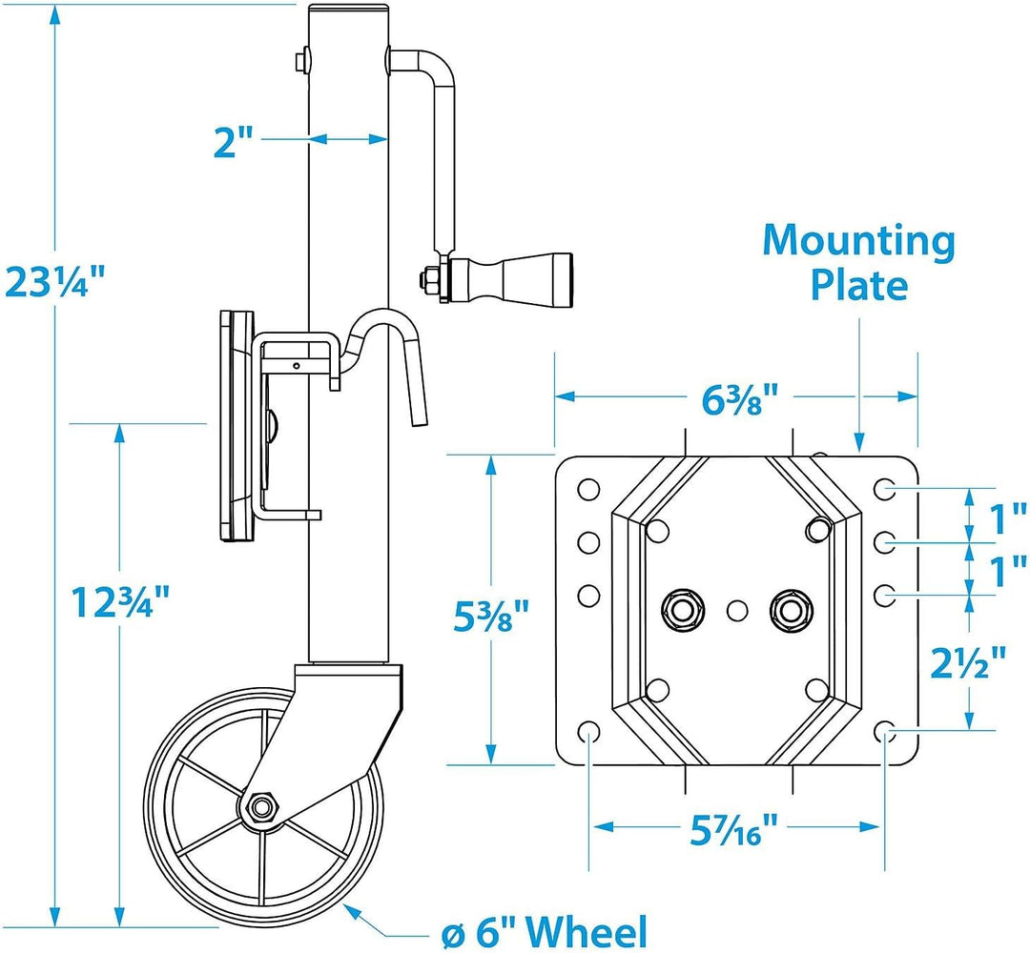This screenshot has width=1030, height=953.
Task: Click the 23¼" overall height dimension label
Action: click(53, 282)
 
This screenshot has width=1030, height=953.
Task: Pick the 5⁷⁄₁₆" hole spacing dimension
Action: click(733, 827)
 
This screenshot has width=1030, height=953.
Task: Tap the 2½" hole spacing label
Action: click(968, 663)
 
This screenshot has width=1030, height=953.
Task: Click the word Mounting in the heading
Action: click(858, 242)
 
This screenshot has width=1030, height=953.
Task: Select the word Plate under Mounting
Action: click(858, 286)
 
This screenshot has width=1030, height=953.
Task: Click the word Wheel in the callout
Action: click(587, 932)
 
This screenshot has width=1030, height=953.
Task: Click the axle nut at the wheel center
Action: click(264, 805)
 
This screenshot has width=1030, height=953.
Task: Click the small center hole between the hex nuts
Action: click(737, 610)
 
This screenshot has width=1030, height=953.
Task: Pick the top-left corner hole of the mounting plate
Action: click(587, 490)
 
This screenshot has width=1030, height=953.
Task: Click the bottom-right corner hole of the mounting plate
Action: click(885, 731)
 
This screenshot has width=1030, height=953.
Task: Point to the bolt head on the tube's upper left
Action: click(302, 61)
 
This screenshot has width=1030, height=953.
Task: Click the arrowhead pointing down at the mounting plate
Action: click(859, 442)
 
